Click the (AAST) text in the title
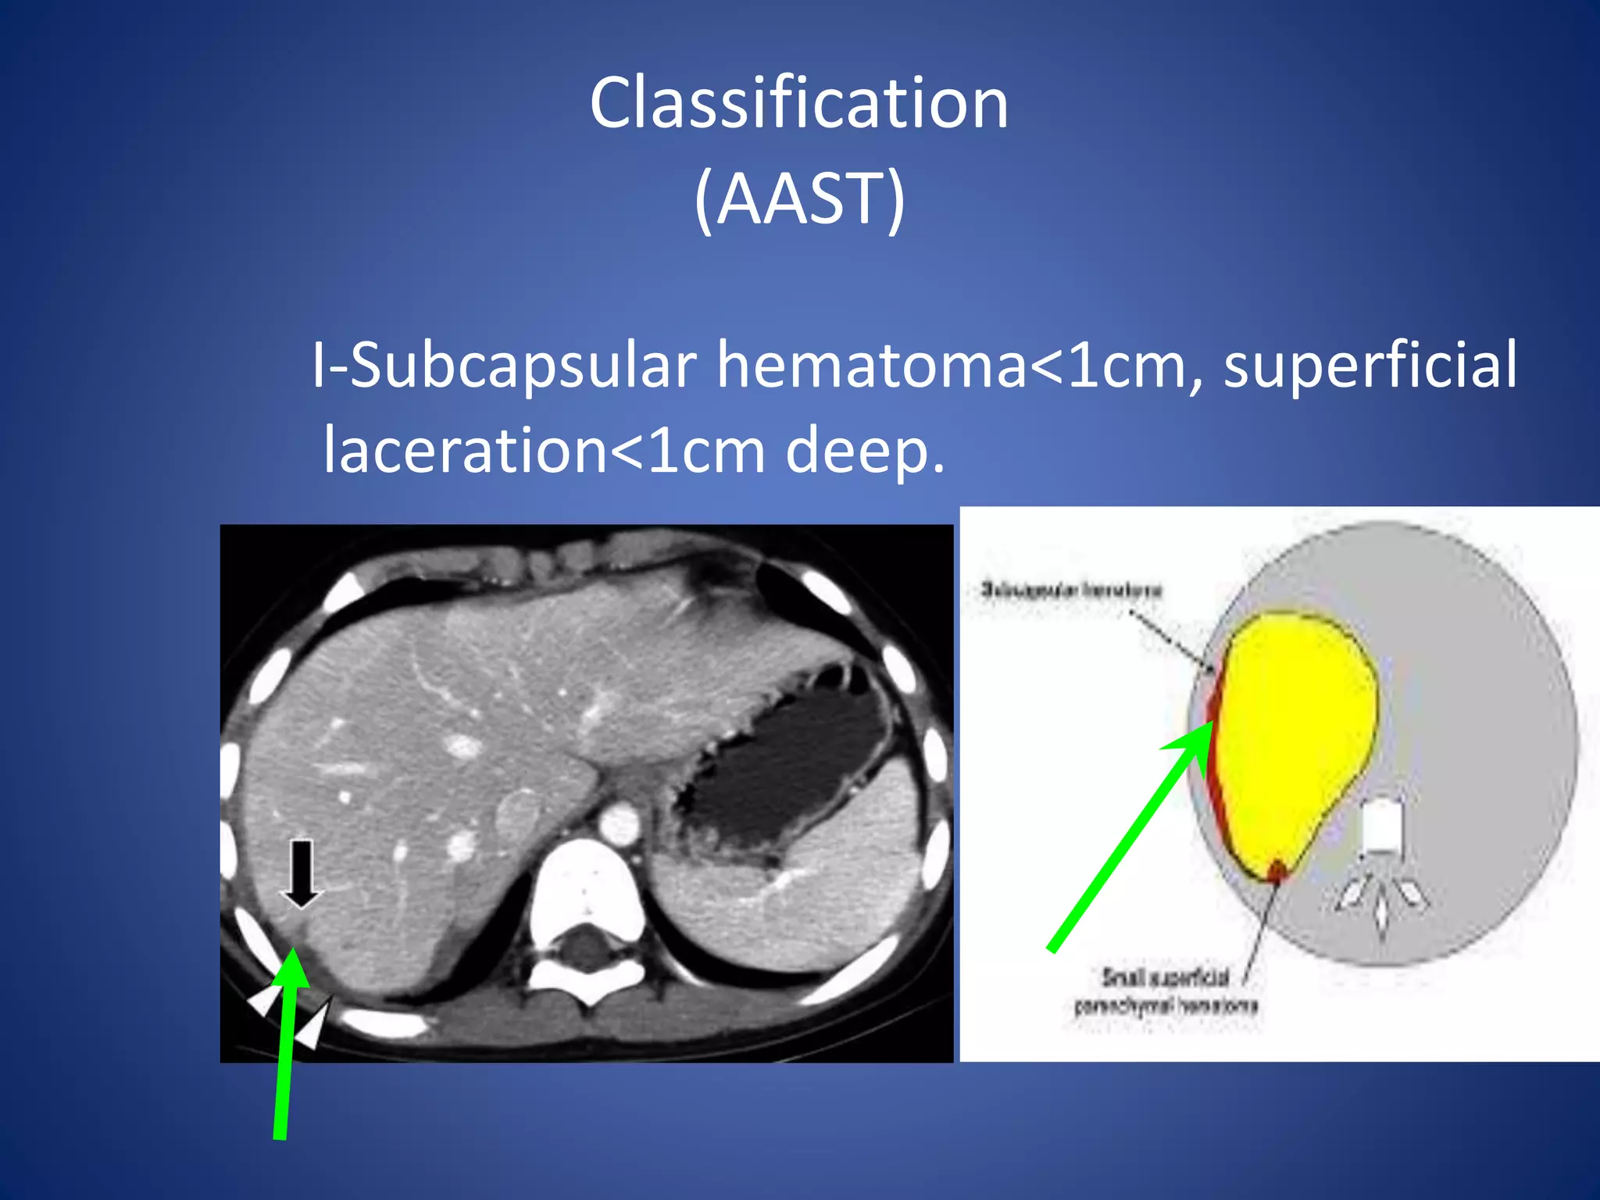tap(798, 199)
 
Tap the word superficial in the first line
tap(1370, 366)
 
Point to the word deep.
tap(865, 451)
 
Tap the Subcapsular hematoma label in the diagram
tap(1071, 590)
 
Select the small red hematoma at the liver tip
tap(1277, 870)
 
